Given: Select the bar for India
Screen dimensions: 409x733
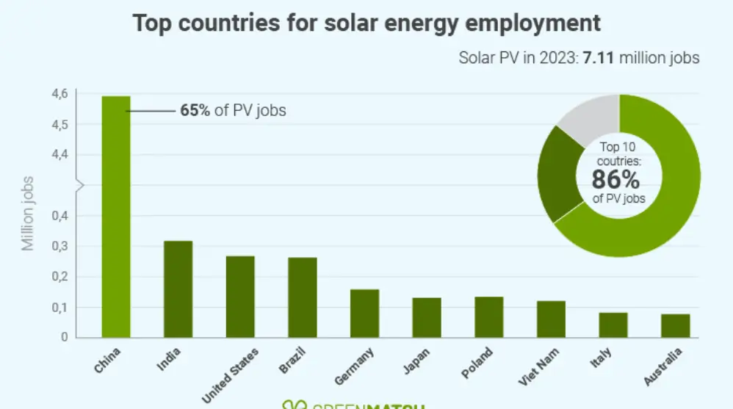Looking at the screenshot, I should click(178, 289).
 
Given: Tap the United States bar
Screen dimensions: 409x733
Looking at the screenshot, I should click(240, 297).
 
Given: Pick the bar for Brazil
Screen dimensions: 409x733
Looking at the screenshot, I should click(302, 297).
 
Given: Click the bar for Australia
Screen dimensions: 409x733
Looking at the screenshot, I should click(675, 326).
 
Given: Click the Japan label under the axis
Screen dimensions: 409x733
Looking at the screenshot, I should click(416, 362).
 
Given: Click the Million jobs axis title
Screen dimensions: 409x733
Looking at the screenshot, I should click(28, 213).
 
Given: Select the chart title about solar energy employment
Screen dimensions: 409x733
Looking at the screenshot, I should click(366, 23).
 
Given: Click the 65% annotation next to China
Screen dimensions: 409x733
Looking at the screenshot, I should click(195, 112).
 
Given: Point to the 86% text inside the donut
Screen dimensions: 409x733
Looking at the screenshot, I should click(616, 180).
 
